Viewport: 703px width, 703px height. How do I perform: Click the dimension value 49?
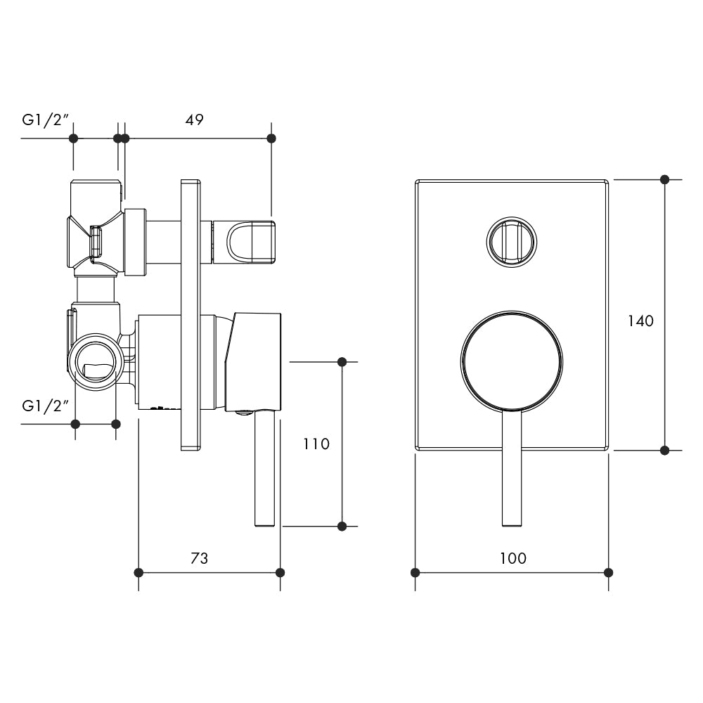(x=194, y=120)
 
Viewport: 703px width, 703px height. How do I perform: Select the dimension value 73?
(x=200, y=559)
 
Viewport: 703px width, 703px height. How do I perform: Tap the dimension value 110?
(x=316, y=444)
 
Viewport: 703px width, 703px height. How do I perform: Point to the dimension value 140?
(x=640, y=321)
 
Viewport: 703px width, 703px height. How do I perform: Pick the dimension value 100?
(x=513, y=559)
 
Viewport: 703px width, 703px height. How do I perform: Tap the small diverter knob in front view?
(x=512, y=241)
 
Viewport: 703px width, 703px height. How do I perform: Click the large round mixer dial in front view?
(x=512, y=361)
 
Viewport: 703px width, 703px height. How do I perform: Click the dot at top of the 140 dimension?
(x=664, y=179)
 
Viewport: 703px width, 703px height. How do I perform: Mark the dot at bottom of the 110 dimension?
(x=342, y=526)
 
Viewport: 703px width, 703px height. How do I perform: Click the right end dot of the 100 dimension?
(x=609, y=572)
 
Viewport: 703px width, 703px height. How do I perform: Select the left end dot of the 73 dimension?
(x=138, y=572)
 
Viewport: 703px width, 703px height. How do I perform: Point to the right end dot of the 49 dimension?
(x=272, y=138)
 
